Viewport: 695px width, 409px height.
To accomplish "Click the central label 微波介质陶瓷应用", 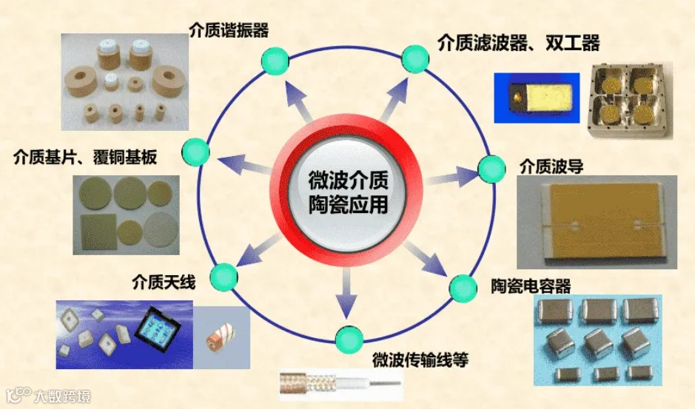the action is click(348, 192).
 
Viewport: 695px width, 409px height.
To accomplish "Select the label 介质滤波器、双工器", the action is click(518, 43).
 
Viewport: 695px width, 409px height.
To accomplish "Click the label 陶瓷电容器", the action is click(531, 285).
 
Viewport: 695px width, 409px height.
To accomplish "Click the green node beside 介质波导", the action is click(489, 169).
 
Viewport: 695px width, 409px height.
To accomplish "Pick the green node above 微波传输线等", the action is click(346, 339).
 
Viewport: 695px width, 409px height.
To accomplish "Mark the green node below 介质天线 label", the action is click(223, 277).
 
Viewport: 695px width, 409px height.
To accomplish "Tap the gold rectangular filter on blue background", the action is click(537, 97).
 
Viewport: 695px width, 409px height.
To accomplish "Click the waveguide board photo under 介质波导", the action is click(597, 221).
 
